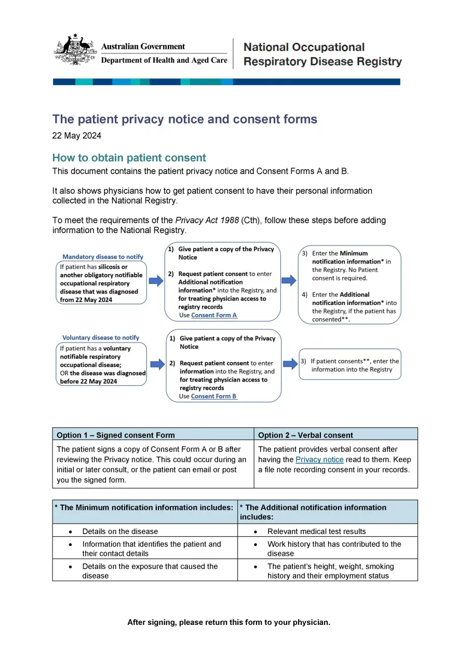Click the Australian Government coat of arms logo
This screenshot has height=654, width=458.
point(75,50)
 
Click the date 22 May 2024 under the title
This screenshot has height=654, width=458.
point(76,136)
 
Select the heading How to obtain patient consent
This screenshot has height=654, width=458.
point(129,158)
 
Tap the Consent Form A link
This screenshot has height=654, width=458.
point(214,315)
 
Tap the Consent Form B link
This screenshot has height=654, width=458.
point(213,396)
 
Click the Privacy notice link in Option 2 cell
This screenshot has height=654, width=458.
point(319,459)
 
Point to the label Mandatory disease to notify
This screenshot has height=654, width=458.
point(102,256)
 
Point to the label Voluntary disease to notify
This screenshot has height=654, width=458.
point(101,337)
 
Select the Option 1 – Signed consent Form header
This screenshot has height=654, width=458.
point(115,435)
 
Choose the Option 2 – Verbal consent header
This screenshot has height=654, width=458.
point(305,435)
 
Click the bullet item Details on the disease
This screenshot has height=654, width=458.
point(120,531)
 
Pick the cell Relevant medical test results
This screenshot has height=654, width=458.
point(316,531)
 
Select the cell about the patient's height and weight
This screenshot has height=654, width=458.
point(330,570)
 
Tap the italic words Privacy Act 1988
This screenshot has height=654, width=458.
point(207,220)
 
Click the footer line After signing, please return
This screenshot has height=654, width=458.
point(228,622)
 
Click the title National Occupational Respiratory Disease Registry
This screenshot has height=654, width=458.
point(322,54)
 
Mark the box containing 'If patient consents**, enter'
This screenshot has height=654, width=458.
point(350,365)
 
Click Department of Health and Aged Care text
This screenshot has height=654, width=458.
point(164,60)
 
